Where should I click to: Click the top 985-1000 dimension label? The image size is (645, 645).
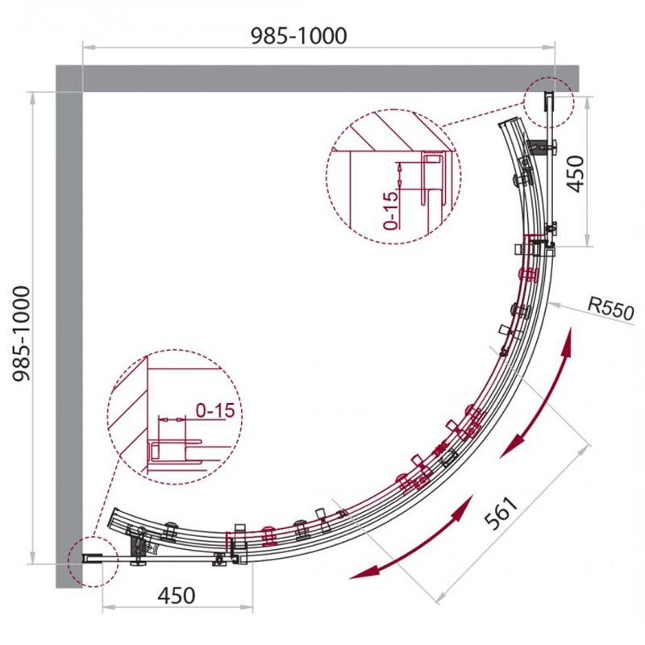coord(298,36)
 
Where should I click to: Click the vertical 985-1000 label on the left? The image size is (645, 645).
coord(22,334)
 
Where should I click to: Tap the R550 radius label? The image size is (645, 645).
coord(611,310)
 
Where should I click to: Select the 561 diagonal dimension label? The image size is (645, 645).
coord(501,514)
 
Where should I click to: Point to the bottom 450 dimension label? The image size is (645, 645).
coord(177,595)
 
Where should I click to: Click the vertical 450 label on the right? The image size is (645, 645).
coord(576,173)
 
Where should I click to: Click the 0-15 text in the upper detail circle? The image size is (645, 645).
coord(390,210)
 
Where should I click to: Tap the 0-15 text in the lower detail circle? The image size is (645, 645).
coord(214,410)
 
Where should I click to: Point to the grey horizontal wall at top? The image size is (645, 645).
coord(317,78)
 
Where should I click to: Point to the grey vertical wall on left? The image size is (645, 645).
coord(69,327)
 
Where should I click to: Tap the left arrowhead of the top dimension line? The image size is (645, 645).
coord(89,48)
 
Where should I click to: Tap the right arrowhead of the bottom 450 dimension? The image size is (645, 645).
coord(247,607)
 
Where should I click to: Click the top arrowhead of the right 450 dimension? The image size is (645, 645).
coord(588,103)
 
